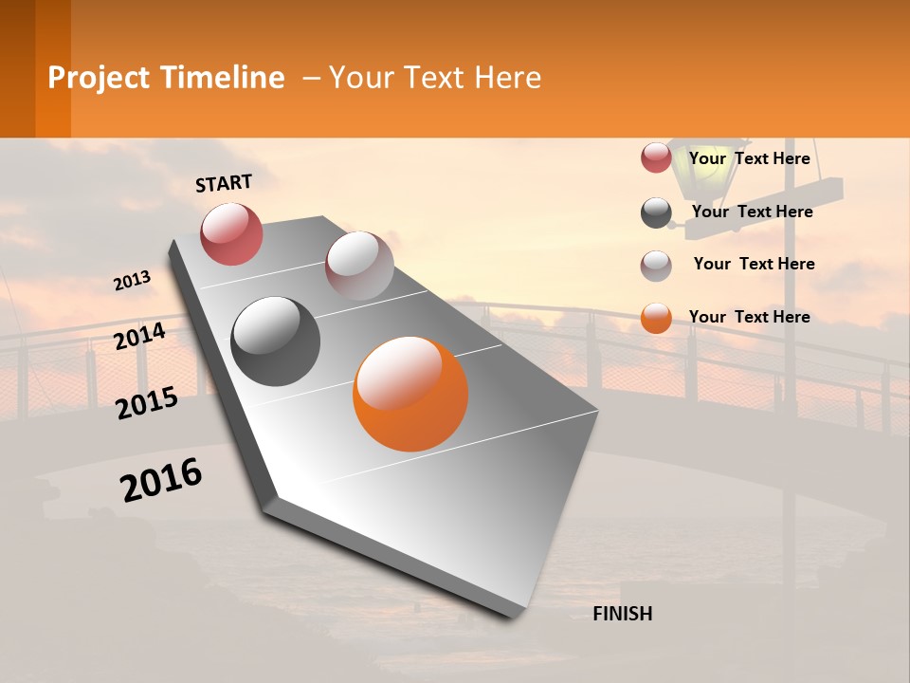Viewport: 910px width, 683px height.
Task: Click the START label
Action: [224, 183]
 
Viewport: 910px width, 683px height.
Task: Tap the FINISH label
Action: [623, 614]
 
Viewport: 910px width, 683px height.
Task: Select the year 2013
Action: [133, 281]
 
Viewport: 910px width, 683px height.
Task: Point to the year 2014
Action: [140, 337]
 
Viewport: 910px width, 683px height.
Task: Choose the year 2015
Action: [147, 403]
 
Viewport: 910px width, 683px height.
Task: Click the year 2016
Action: [161, 480]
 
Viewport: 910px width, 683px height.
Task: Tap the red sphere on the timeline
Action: [231, 233]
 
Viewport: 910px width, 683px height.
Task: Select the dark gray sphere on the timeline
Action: [276, 341]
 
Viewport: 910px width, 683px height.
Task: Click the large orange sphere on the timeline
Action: [410, 394]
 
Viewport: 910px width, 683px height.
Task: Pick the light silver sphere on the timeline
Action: [359, 266]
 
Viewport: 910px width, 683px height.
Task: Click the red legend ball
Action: [656, 157]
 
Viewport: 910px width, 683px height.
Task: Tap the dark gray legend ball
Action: [656, 212]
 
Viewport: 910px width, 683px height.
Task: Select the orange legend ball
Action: [656, 319]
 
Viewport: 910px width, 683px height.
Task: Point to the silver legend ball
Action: [656, 266]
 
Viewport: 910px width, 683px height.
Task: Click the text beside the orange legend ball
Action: [749, 317]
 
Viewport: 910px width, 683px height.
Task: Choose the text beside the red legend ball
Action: [749, 158]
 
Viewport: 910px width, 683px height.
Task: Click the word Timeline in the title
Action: [222, 78]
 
